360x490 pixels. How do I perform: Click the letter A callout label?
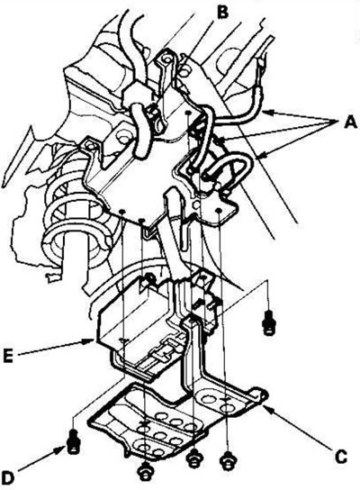pos(350,122)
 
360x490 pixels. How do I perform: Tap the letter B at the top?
pos(222,13)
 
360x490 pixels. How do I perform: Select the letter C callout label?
pos(341,458)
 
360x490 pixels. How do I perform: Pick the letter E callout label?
pos(8,357)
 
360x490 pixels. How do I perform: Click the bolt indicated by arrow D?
pos(74,441)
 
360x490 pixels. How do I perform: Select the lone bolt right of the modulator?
pos(269,323)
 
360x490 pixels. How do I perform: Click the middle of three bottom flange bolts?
pos(193,459)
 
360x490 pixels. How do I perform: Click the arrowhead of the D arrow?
pos(61,450)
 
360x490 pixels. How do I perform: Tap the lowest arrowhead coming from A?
pos(262,155)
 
